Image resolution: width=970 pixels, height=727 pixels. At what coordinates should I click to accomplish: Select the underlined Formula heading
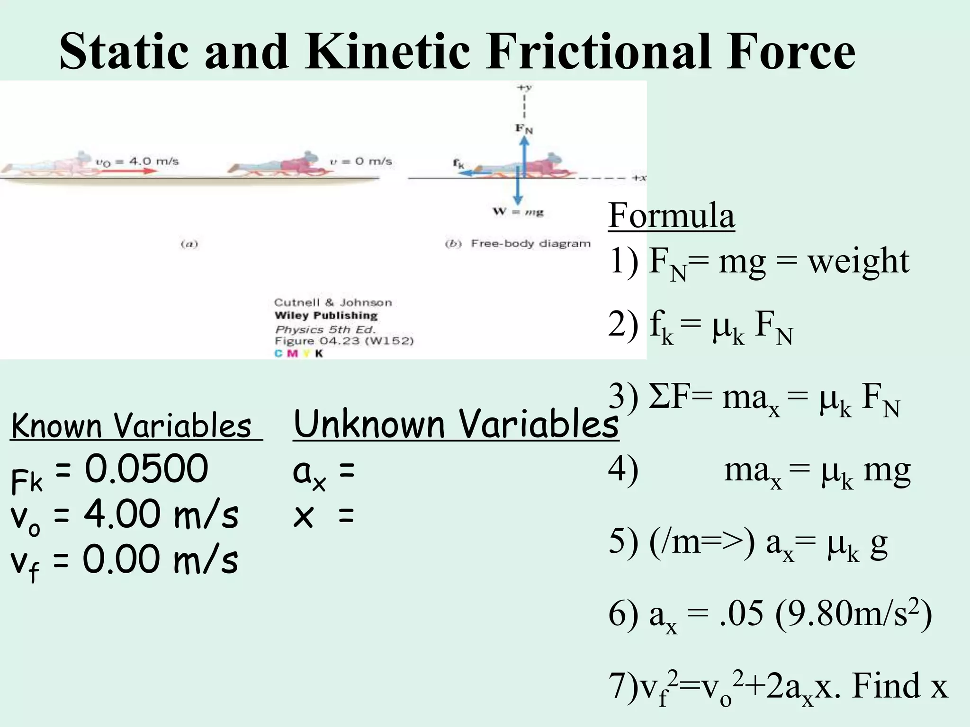[x=671, y=215]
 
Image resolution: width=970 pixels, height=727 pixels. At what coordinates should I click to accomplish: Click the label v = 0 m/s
[x=361, y=161]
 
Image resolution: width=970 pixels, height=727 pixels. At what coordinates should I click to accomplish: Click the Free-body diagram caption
[x=530, y=244]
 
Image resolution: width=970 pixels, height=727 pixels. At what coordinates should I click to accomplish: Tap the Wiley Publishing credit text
[x=326, y=316]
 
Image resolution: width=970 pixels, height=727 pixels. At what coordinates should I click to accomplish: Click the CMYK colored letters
[x=299, y=353]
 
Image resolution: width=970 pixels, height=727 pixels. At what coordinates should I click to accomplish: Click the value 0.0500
[x=146, y=469]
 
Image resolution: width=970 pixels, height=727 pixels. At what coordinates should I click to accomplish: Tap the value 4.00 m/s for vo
[x=161, y=515]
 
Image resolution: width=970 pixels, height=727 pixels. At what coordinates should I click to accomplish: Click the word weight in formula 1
[x=858, y=261]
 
